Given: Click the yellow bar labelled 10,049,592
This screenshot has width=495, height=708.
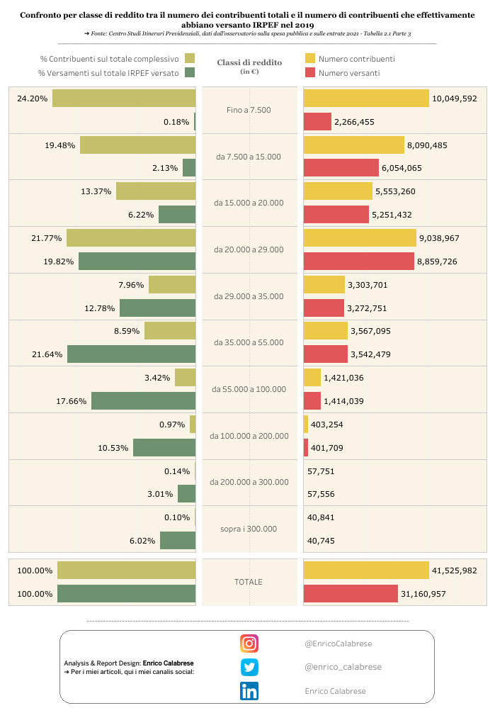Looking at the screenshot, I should pos(366,99).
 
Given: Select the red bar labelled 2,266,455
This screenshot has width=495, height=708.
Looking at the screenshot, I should pos(317,122).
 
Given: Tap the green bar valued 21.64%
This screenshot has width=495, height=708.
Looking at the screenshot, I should pos(131,354).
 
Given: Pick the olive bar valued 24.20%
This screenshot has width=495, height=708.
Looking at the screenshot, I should pos(124,99).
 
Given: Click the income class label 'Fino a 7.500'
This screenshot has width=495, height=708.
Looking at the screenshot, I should pos(249,111).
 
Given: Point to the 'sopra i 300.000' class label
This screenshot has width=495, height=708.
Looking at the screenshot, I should pos(249,529).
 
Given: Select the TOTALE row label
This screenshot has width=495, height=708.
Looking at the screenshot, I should pos(249,582).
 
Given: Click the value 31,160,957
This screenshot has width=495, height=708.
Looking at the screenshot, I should pos(423,594).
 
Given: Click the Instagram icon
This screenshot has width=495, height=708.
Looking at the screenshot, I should pos(249,644).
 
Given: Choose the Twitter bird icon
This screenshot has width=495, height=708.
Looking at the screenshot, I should pos(249,667).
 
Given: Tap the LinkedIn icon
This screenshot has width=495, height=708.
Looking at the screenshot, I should pos(249,691).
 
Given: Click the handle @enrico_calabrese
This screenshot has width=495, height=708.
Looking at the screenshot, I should pos(343,667).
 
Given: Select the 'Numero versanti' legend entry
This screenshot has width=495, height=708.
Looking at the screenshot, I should pos(348,73).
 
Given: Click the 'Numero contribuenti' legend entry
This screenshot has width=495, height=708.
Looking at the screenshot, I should pos(356,59).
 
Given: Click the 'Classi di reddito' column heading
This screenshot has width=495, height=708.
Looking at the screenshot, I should pos(249,62).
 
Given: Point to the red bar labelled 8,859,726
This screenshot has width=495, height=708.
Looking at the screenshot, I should pos(358,262).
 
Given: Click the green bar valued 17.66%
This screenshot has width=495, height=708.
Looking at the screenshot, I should pos(143,401).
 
